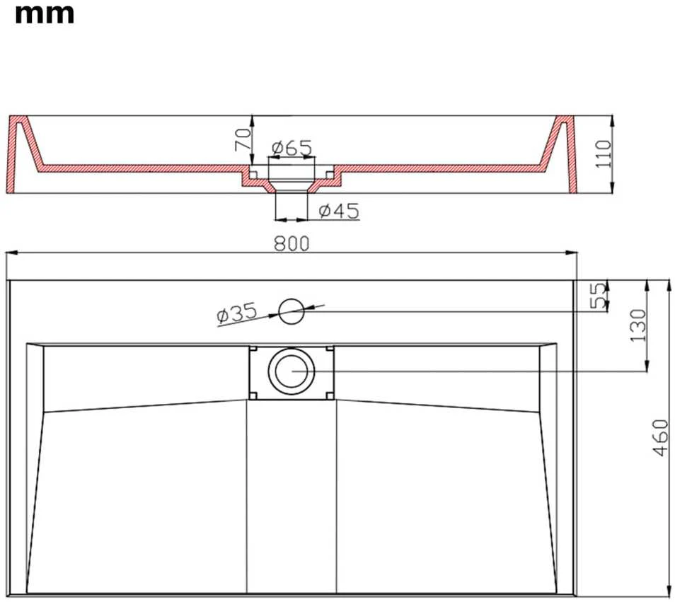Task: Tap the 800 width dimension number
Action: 292,243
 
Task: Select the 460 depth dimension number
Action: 660,438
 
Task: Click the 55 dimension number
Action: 597,296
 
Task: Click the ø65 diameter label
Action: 292,148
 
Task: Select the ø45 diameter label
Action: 339,211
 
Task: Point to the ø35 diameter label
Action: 237,313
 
